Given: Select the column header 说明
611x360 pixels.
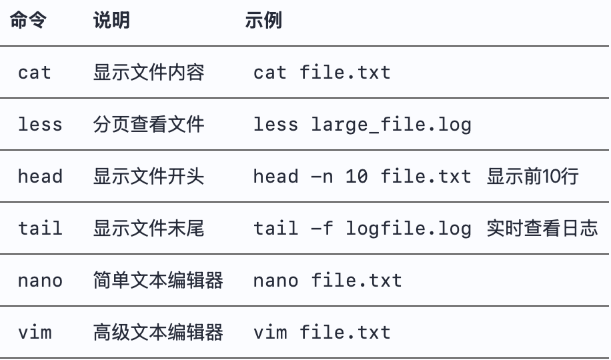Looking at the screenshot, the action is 111,21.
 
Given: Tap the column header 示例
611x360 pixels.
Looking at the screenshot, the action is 263,21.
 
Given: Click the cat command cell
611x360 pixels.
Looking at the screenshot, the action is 35,72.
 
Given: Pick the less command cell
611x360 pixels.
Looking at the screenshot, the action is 40,124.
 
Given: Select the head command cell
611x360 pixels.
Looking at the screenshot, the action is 40,176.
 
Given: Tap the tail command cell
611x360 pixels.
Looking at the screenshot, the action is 40,228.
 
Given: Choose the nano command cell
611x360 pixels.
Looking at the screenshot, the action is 40,280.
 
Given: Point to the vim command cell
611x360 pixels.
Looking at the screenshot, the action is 35,332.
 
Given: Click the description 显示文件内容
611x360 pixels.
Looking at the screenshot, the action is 148,72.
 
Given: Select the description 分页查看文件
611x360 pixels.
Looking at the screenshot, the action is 148,124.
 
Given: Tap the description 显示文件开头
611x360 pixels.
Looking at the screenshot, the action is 148,176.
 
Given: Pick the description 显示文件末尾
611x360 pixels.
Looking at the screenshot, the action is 148,228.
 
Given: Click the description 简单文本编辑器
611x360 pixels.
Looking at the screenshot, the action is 158,280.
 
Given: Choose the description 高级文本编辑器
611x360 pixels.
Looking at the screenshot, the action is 158,332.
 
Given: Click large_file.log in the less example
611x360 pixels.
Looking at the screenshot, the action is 392,124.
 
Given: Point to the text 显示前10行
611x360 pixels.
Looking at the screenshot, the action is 532,176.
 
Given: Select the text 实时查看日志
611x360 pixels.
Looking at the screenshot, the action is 542,228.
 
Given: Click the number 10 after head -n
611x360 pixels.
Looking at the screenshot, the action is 357,176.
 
